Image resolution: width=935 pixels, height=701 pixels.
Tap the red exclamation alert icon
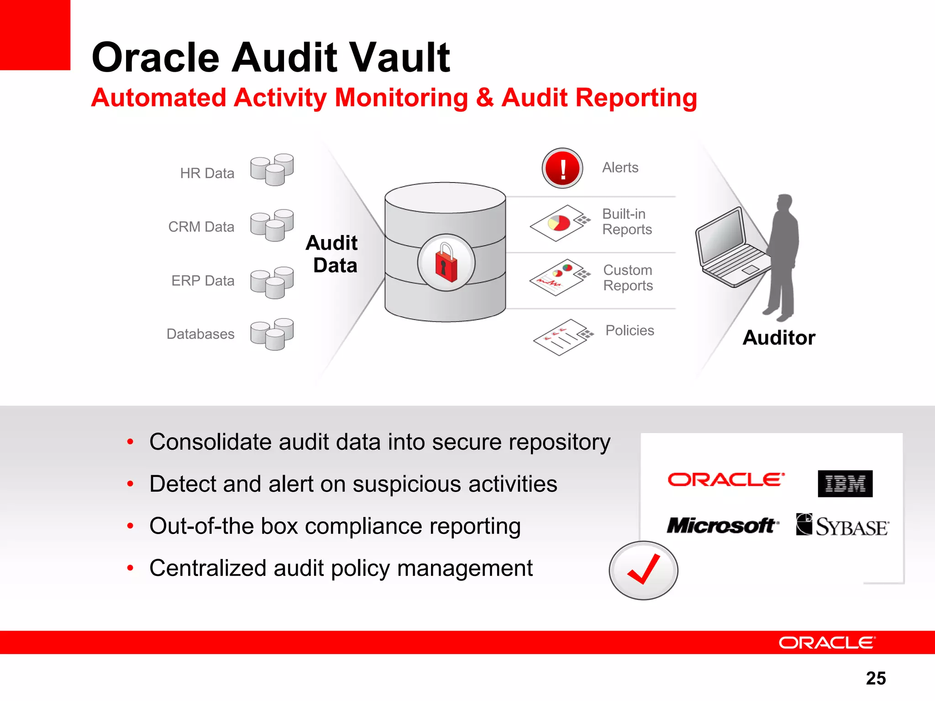pyautogui.click(x=562, y=168)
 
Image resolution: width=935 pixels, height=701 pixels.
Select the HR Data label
pyautogui.click(x=207, y=173)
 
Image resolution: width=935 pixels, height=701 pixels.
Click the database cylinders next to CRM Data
pyautogui.click(x=272, y=225)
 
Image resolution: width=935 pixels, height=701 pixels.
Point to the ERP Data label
pyautogui.click(x=203, y=281)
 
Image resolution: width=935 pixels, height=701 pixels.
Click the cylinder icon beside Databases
pyautogui.click(x=272, y=334)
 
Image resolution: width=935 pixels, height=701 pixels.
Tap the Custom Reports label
pyautogui.click(x=628, y=277)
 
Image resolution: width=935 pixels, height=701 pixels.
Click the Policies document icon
pyautogui.click(x=563, y=337)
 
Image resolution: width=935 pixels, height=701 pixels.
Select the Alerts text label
pyautogui.click(x=620, y=167)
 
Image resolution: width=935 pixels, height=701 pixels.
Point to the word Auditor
pyautogui.click(x=779, y=338)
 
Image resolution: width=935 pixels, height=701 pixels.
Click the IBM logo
pyautogui.click(x=845, y=483)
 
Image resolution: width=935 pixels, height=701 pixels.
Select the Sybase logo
pyautogui.click(x=842, y=525)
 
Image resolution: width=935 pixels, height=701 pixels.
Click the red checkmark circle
pyautogui.click(x=643, y=570)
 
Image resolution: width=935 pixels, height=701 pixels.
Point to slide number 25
pyautogui.click(x=876, y=678)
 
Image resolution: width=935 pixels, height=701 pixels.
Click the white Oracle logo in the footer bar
pyautogui.click(x=827, y=643)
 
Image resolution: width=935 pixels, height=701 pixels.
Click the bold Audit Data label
pyautogui.click(x=332, y=254)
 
